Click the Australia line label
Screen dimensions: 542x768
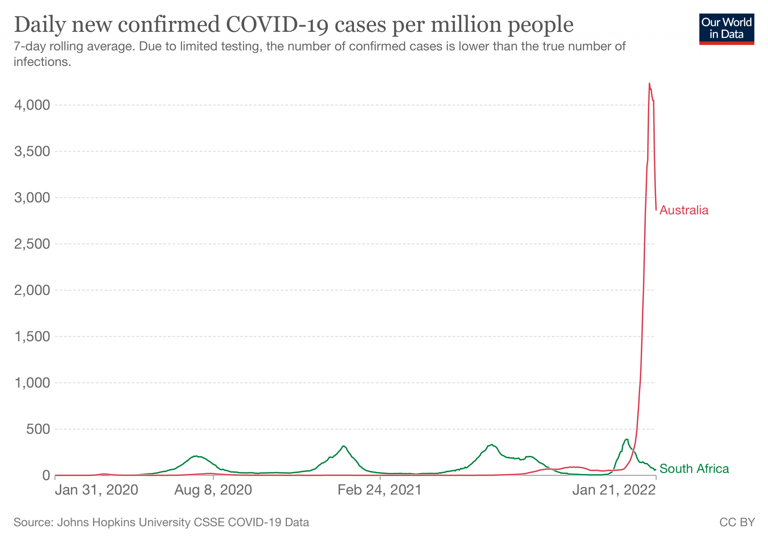pyautogui.click(x=684, y=210)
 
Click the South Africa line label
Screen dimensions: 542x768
pyautogui.click(x=694, y=469)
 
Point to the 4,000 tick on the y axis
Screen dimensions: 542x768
pyautogui.click(x=32, y=105)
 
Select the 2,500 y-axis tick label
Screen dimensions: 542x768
pyautogui.click(x=32, y=244)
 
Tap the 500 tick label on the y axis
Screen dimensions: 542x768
pyautogui.click(x=38, y=429)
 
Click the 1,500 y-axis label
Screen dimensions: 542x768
pyautogui.click(x=32, y=337)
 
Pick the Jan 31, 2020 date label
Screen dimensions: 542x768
pyautogui.click(x=96, y=490)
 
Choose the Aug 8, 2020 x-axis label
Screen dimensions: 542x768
pyautogui.click(x=213, y=490)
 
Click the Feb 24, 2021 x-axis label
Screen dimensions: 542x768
pyautogui.click(x=379, y=490)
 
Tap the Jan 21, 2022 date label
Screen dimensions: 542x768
pyautogui.click(x=614, y=490)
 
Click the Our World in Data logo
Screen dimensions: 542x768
pyautogui.click(x=726, y=29)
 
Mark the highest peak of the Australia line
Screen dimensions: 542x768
pyautogui.click(x=649, y=84)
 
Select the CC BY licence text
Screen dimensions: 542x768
pyautogui.click(x=737, y=522)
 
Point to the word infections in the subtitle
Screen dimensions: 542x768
pyautogui.click(x=42, y=62)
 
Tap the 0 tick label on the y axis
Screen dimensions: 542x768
pyautogui.click(x=46, y=476)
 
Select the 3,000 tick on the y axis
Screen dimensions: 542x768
pyautogui.click(x=32, y=198)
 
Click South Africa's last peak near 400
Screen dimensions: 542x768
pyautogui.click(x=627, y=439)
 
